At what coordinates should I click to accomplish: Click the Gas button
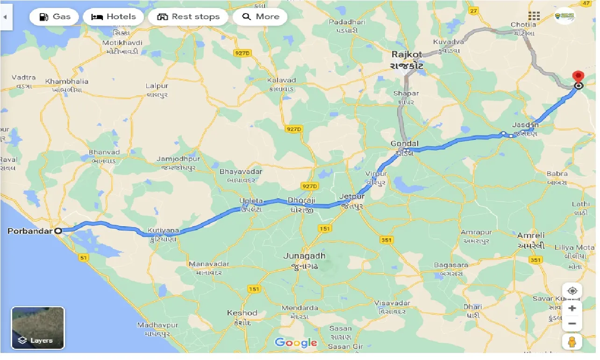55,17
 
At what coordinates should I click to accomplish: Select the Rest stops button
188,17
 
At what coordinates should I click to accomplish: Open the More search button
260,17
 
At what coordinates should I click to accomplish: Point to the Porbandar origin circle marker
58,230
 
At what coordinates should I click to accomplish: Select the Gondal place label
405,144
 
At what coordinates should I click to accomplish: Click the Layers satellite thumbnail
38,328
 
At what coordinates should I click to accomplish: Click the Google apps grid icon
534,17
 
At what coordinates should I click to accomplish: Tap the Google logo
296,343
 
